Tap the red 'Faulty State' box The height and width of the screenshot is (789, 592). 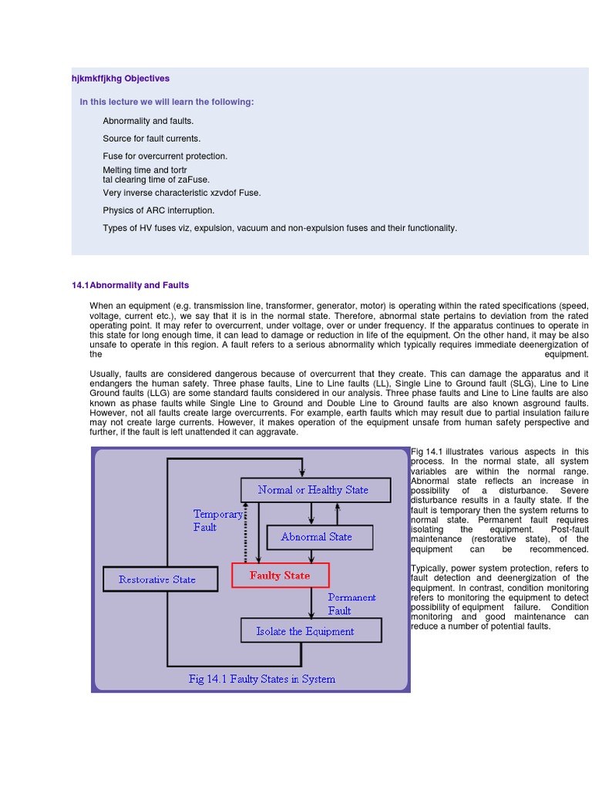click(x=280, y=576)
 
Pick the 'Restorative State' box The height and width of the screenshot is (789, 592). click(x=157, y=579)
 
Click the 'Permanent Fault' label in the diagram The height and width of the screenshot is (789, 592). click(x=351, y=603)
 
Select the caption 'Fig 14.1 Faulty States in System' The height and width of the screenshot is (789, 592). click(x=262, y=679)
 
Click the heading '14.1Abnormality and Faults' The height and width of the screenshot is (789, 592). click(x=130, y=285)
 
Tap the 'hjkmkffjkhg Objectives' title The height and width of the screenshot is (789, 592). click(x=120, y=79)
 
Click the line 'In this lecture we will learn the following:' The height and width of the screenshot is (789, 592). click(x=166, y=102)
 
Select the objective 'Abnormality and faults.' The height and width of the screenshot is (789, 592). click(x=149, y=121)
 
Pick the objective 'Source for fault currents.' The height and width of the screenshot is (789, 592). click(x=152, y=139)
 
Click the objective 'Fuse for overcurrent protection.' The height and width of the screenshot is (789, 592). click(x=165, y=156)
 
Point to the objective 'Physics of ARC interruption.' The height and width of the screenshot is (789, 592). click(x=159, y=210)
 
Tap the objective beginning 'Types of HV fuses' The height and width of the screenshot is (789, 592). click(x=280, y=228)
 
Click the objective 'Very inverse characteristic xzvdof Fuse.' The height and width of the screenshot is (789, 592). click(x=182, y=193)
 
